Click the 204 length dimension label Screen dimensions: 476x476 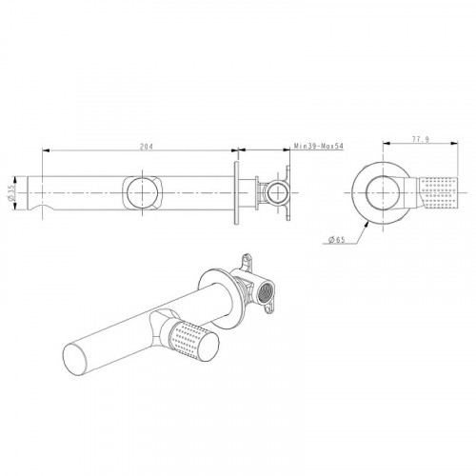click(147, 147)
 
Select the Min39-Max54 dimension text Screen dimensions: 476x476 click(318, 147)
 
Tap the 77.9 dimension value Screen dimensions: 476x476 click(421, 139)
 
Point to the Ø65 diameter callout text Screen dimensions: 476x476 click(337, 240)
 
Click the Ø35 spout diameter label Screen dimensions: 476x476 click(11, 193)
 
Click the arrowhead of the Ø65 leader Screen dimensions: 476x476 click(367, 224)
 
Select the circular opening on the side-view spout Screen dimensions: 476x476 click(142, 193)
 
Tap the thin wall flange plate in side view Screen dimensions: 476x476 click(236, 193)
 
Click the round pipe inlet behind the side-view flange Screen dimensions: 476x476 click(278, 193)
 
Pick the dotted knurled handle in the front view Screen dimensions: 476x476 click(440, 193)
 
